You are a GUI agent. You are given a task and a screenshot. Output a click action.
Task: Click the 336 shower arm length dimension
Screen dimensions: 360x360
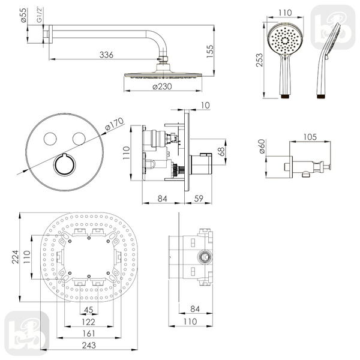[x=106, y=55]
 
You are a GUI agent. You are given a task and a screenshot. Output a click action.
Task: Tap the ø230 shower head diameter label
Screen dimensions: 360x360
[x=162, y=86]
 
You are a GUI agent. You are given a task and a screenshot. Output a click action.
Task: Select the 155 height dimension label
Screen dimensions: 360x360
[x=210, y=51]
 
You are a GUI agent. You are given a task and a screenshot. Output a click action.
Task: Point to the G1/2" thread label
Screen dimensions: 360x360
[x=40, y=15]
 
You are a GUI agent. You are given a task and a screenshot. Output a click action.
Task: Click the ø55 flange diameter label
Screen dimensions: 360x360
[x=23, y=16]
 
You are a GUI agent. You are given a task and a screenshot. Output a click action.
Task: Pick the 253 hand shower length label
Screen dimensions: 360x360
[x=259, y=60]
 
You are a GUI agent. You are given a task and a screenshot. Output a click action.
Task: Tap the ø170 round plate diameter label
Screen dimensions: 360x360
[x=115, y=124]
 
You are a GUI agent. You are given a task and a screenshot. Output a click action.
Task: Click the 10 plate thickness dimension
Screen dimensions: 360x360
[x=205, y=106]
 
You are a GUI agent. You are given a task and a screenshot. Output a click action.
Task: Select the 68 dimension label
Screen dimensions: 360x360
[x=221, y=152]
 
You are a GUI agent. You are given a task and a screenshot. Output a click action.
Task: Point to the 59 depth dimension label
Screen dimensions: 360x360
[x=199, y=199]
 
